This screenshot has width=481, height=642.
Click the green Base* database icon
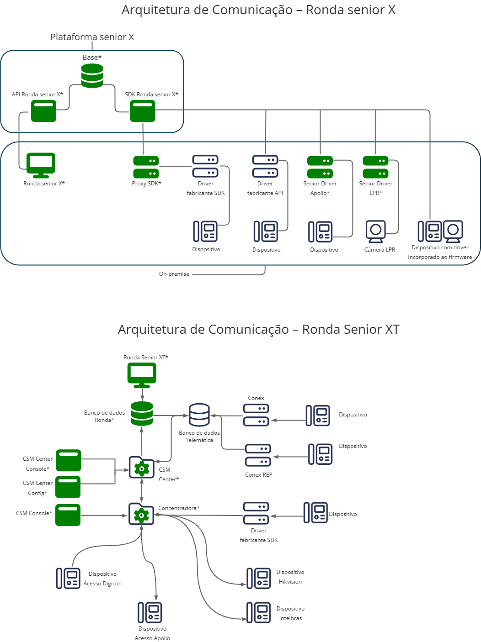[92, 76]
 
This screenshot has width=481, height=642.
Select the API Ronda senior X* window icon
[43, 111]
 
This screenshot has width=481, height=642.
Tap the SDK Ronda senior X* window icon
[143, 111]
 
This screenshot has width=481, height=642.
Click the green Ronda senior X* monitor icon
[41, 165]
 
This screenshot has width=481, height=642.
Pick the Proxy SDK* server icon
[146, 167]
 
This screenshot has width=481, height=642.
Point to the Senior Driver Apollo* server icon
[320, 167]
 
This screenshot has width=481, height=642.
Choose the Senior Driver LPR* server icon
[375, 167]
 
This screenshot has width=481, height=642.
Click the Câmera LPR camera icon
[376, 232]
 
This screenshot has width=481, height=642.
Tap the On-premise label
[174, 274]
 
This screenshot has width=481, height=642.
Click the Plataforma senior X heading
[92, 37]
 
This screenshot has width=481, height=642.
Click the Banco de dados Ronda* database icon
[142, 414]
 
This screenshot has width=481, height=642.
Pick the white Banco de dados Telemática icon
[199, 415]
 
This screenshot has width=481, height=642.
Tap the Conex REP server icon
[258, 455]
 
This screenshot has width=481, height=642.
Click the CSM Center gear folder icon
[142, 467]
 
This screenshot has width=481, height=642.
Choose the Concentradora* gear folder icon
[141, 514]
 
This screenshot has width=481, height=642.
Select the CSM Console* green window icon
[68, 515]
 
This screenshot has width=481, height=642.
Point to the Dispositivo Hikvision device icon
[259, 578]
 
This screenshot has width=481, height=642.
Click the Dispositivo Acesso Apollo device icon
[150, 612]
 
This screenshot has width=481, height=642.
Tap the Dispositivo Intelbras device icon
[259, 613]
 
